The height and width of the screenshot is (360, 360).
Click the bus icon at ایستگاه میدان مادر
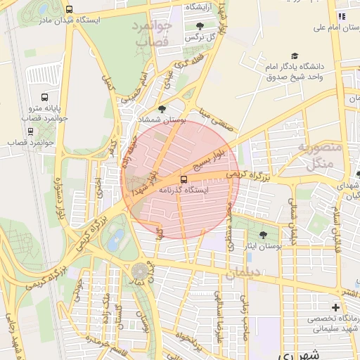[68, 9]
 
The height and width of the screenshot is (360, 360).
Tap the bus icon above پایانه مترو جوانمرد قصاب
[45, 98]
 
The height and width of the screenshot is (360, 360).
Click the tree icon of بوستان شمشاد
[162, 109]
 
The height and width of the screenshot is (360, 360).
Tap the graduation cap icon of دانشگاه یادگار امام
[294, 56]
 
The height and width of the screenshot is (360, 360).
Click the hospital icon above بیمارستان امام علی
[342, 15]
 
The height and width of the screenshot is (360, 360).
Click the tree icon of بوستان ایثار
[263, 235]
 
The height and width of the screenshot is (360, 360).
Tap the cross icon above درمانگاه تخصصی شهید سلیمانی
[335, 307]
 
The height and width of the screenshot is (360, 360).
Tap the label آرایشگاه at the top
[200, 6]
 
